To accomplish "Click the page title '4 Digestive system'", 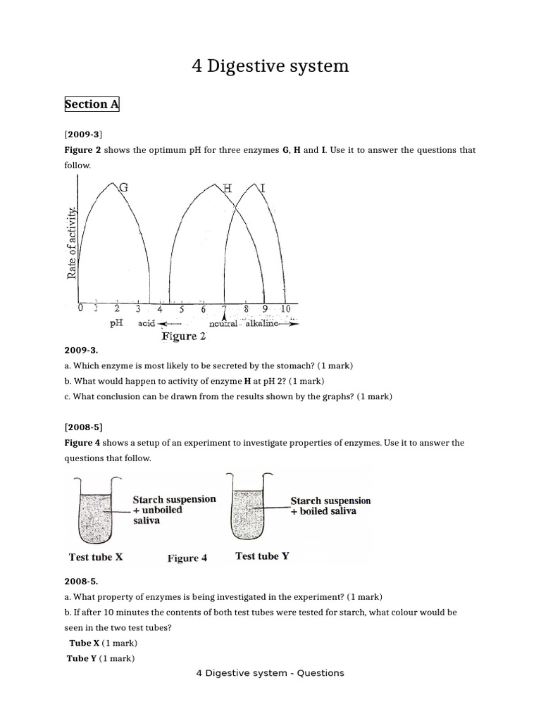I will coord(270,66).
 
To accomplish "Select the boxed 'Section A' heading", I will coord(92,104).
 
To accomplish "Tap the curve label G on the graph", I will coord(124,187).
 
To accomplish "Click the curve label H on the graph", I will coord(227,188).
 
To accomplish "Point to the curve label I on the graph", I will coord(263,188).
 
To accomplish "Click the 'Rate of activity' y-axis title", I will coord(72,242).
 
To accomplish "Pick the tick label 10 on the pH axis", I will coord(285,308).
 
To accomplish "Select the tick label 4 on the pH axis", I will coord(160,309).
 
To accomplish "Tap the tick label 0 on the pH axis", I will coord(80,308).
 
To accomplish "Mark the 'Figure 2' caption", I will coord(184,337).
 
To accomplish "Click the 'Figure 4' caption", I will coord(187,558).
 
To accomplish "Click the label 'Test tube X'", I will coord(96,557).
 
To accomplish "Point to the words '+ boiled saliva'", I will coord(323,511).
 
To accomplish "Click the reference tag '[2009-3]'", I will coord(84,133).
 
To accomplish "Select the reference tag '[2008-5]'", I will coord(84,427).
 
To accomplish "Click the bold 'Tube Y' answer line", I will coord(82,658).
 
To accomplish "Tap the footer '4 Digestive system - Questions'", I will coord(270,673).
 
